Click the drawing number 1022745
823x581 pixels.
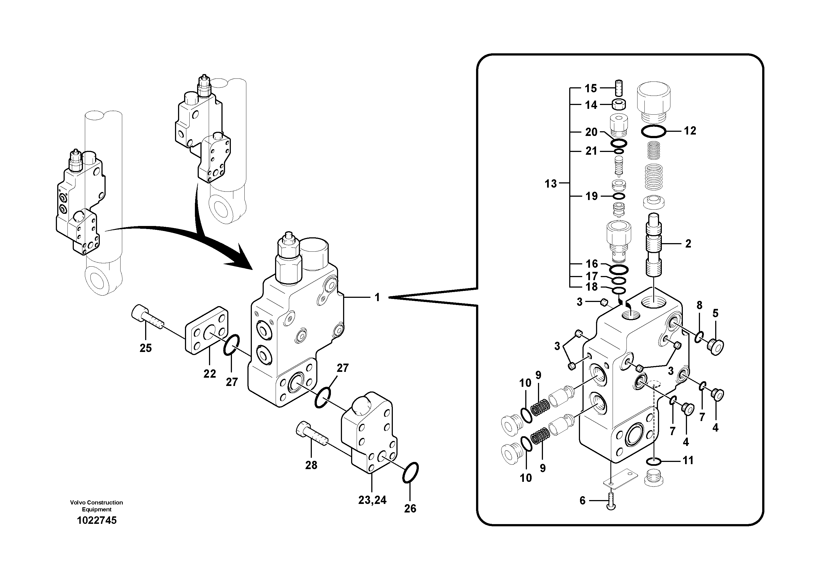[97, 520]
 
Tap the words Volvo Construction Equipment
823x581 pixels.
[96, 506]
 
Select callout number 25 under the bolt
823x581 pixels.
[145, 348]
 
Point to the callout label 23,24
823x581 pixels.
[372, 500]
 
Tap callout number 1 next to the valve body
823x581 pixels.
[377, 297]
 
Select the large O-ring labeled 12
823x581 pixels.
[654, 132]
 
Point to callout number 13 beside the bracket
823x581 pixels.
[551, 184]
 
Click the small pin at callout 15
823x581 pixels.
[619, 87]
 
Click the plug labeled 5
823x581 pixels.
[715, 346]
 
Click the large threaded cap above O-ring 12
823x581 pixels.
[654, 102]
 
